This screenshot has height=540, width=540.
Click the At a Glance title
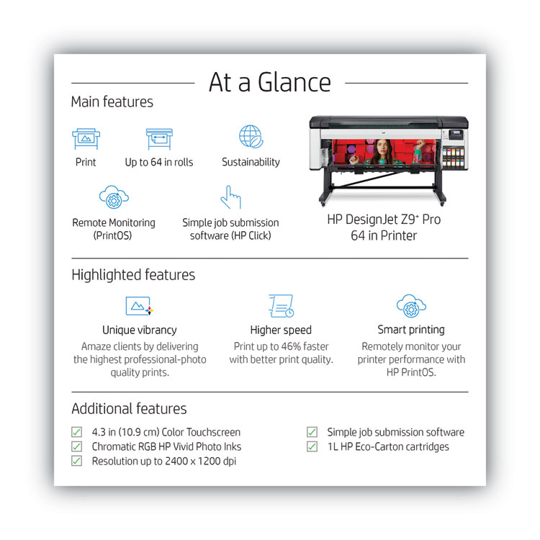(x=270, y=83)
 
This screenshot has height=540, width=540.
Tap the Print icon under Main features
(x=86, y=138)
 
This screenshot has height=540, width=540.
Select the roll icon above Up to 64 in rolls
(x=159, y=138)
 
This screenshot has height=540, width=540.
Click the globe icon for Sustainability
(x=251, y=137)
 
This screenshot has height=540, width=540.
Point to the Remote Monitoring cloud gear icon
(x=113, y=197)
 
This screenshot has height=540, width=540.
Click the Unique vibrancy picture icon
(x=139, y=305)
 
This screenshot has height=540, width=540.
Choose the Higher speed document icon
(x=281, y=305)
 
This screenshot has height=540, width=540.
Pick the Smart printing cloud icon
(x=411, y=305)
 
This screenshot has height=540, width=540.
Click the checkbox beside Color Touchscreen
(x=76, y=433)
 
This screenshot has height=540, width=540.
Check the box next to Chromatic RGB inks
(x=76, y=447)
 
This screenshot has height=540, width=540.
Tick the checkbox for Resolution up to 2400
(x=76, y=462)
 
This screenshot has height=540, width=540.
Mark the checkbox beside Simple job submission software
(x=312, y=433)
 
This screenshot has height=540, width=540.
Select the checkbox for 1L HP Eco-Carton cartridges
(x=312, y=447)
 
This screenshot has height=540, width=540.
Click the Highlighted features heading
(x=133, y=275)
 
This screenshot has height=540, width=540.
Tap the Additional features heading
(x=129, y=409)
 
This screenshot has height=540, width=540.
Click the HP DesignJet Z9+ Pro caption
(x=384, y=220)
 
